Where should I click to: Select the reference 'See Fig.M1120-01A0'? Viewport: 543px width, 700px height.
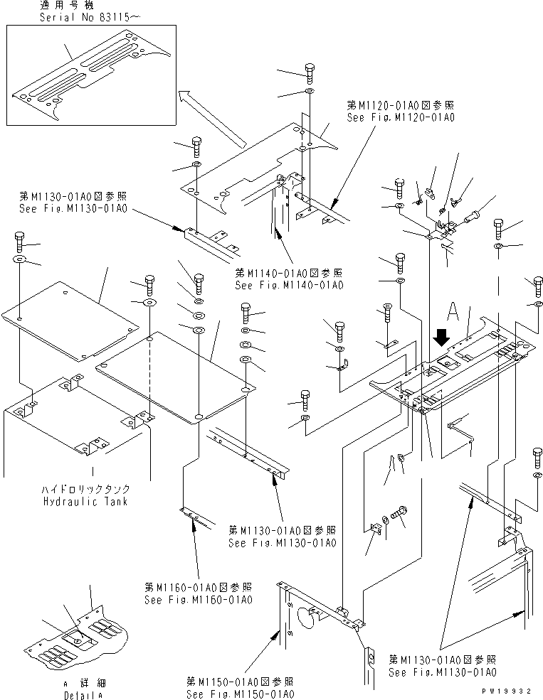pos(400,117)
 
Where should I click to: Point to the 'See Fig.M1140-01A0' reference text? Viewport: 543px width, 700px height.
pos(289,285)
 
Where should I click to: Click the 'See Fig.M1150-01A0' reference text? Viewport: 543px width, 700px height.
pos(240,694)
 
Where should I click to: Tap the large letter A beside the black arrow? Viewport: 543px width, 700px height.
pos(452,311)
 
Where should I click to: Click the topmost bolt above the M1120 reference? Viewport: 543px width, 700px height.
pos(308,72)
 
